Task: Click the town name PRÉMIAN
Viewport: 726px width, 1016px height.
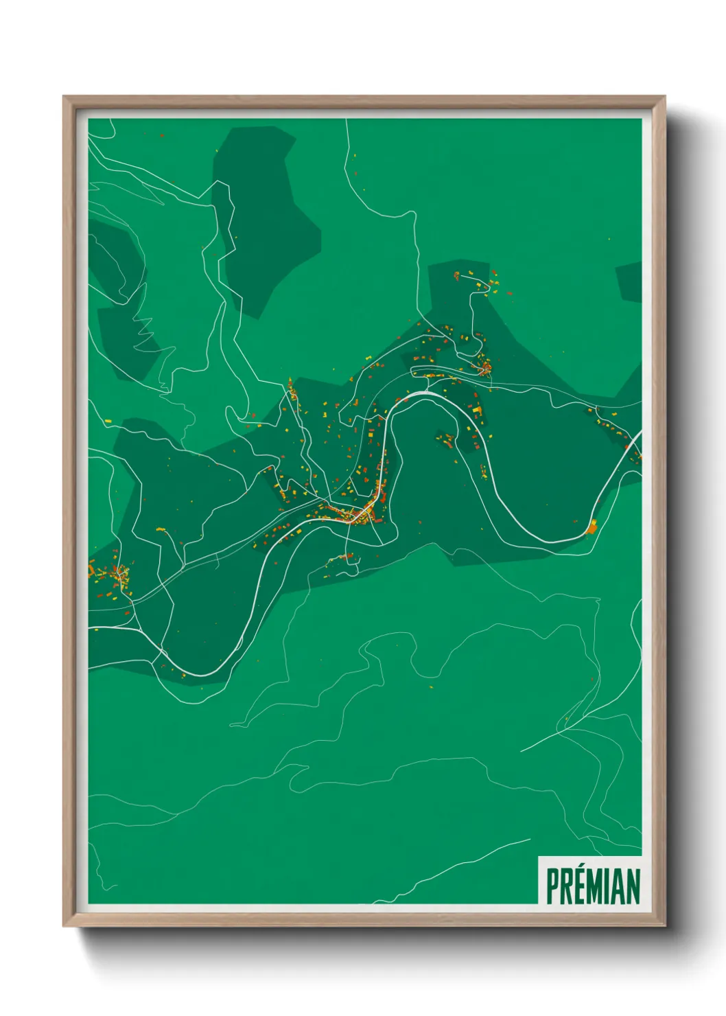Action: (593, 886)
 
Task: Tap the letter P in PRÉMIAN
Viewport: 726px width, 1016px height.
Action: (552, 886)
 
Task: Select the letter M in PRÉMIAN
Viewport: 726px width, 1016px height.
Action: (602, 886)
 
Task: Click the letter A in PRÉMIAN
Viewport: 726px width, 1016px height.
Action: (621, 886)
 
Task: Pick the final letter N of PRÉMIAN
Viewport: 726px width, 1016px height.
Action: (634, 886)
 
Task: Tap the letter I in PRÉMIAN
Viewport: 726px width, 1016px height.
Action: (612, 886)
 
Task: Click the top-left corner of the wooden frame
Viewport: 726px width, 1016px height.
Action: (65, 97)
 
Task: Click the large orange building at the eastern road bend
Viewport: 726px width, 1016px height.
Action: (592, 527)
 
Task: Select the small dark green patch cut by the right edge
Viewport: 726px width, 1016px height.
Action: (630, 281)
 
